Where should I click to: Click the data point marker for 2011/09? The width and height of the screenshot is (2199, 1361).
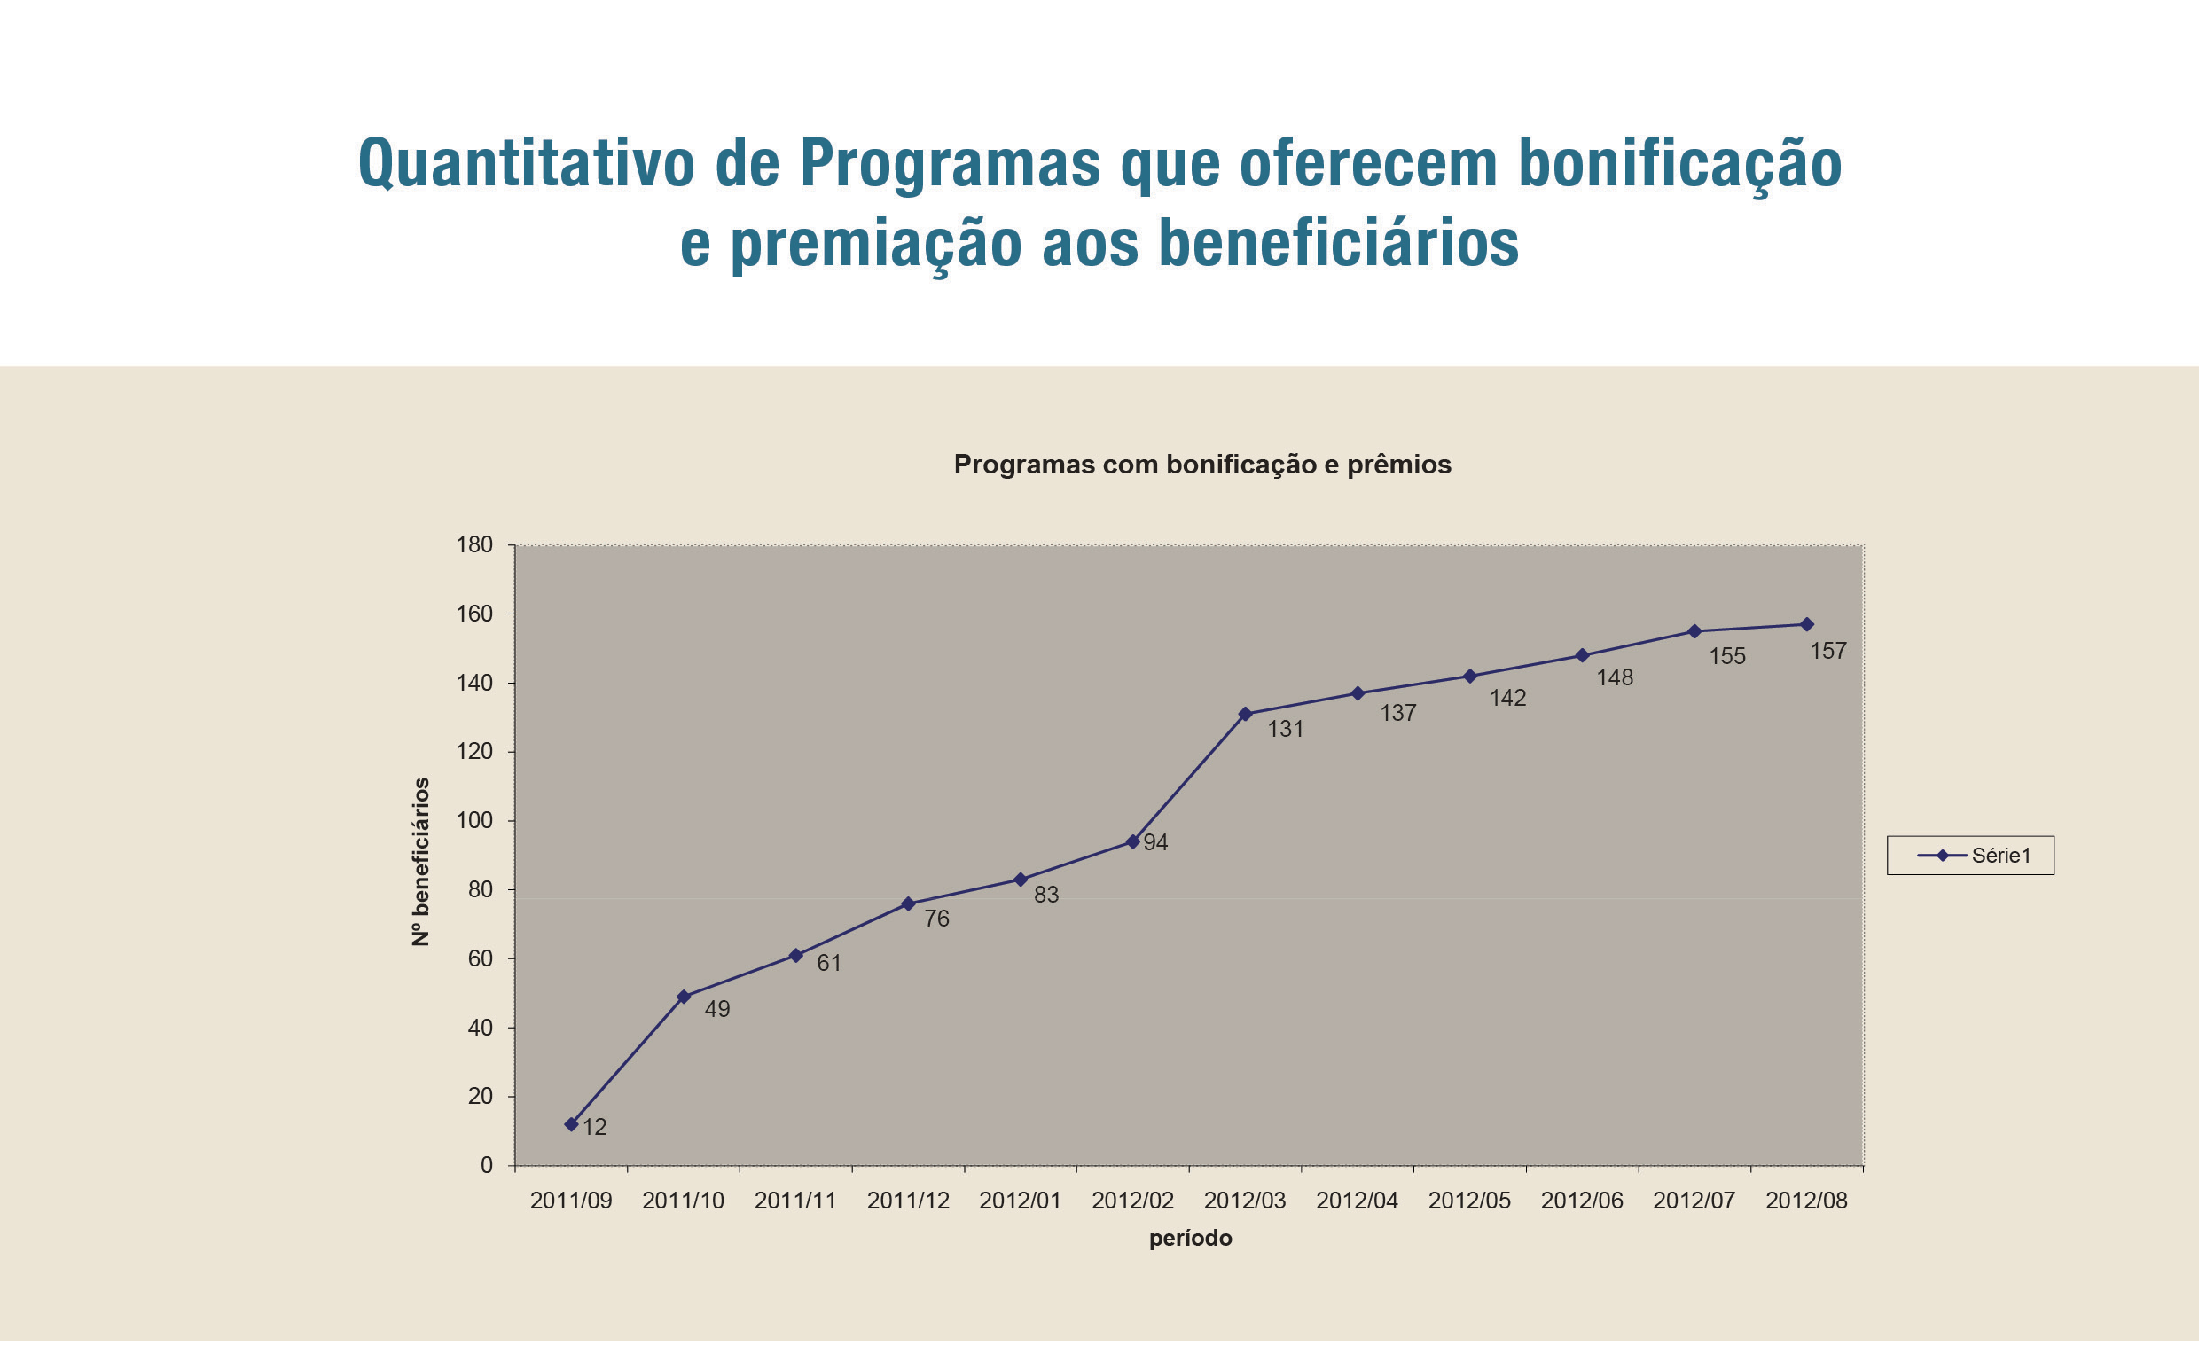click(571, 1124)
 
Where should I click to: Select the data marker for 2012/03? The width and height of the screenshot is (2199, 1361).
click(1245, 714)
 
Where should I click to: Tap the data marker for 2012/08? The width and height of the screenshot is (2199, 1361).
click(1806, 625)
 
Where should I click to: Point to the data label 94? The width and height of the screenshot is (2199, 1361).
click(1154, 842)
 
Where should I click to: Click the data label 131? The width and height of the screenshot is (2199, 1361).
click(1286, 729)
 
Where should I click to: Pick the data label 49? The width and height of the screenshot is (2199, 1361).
click(716, 1009)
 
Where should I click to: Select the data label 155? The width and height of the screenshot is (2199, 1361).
click(1726, 657)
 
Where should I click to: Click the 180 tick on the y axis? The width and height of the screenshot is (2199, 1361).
click(474, 544)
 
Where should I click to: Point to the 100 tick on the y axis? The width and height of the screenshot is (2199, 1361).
click(474, 821)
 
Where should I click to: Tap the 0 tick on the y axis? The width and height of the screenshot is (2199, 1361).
click(486, 1166)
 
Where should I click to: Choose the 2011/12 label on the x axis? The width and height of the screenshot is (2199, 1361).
click(907, 1201)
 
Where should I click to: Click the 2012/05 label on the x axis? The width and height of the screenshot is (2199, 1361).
click(1469, 1201)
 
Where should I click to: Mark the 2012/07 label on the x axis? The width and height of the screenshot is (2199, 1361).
click(1693, 1201)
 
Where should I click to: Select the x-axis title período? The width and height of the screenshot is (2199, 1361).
click(1190, 1239)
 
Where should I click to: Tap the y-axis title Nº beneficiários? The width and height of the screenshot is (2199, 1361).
click(420, 862)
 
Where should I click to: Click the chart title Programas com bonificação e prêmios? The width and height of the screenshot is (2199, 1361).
click(1201, 465)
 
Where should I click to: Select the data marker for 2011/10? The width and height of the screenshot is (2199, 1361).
click(683, 997)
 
